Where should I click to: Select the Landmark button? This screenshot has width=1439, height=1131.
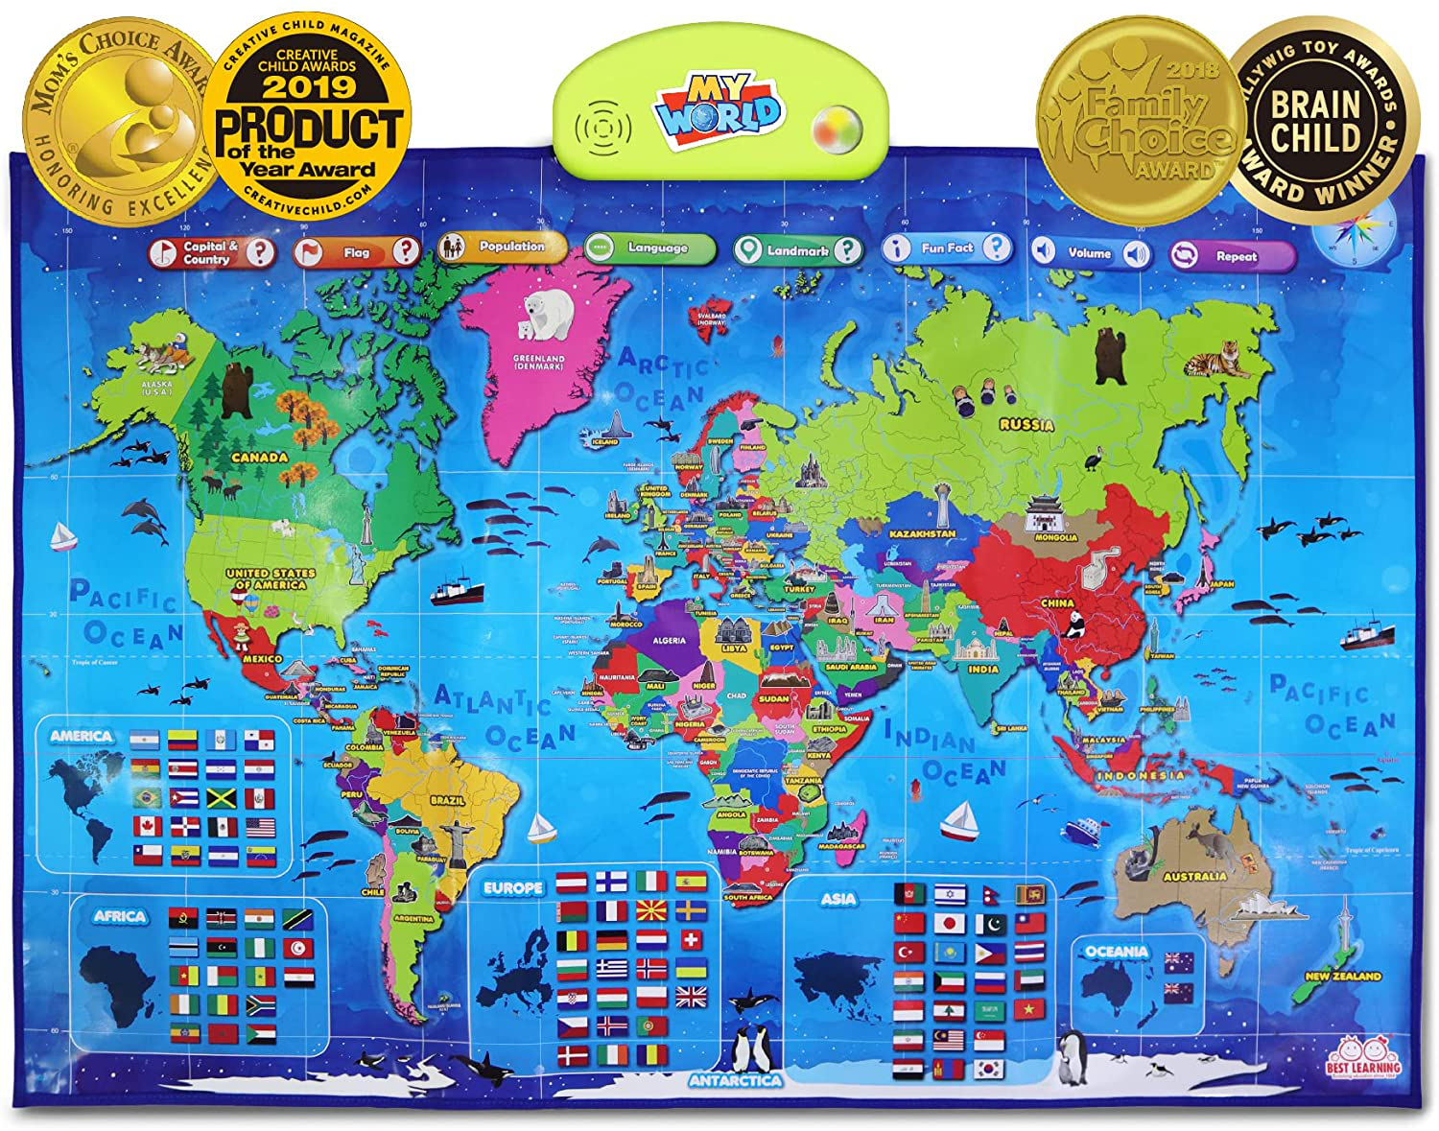click(797, 250)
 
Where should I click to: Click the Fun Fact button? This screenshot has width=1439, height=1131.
click(947, 248)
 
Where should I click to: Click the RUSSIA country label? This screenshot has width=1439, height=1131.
click(1026, 424)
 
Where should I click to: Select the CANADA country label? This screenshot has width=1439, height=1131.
click(259, 457)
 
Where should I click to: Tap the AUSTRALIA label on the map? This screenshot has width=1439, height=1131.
click(1194, 876)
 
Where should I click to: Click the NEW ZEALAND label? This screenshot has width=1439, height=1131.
click(1342, 976)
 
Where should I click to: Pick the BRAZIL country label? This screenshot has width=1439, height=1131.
click(447, 800)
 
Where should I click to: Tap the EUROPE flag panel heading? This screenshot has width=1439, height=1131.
click(512, 888)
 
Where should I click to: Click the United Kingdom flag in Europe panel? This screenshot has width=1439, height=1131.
click(691, 998)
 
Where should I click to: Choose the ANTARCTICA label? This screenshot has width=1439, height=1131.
click(735, 1080)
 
